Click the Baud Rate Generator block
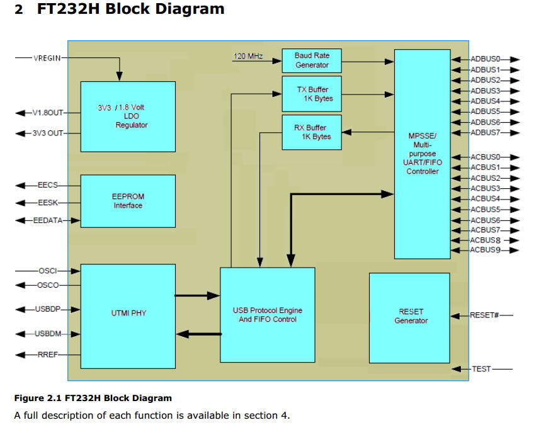click(312, 60)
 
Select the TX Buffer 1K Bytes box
click(312, 94)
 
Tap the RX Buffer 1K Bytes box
click(312, 132)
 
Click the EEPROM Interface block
click(128, 201)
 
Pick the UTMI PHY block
click(128, 313)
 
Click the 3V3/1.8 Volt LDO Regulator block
click(128, 116)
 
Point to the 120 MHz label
click(248, 57)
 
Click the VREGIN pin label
click(47, 59)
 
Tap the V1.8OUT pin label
click(48, 113)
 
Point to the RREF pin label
click(48, 355)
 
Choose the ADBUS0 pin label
click(485, 59)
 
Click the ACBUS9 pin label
click(485, 251)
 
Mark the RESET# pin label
click(484, 315)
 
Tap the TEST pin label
click(481, 368)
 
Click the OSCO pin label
click(48, 285)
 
